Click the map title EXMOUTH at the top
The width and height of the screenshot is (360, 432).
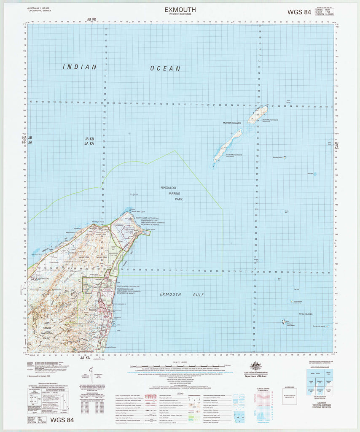(x=180, y=9)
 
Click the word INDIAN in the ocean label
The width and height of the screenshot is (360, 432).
(x=80, y=67)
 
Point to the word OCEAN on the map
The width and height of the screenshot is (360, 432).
(x=166, y=68)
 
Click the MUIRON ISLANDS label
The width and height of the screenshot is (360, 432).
(x=232, y=123)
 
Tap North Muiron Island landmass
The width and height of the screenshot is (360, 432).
(x=258, y=113)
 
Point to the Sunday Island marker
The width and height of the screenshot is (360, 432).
(x=285, y=158)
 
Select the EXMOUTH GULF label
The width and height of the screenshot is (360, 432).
(x=177, y=294)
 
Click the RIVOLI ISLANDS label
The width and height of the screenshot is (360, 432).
(x=305, y=314)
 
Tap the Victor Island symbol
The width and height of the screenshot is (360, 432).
(x=292, y=301)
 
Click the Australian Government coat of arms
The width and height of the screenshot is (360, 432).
(x=256, y=366)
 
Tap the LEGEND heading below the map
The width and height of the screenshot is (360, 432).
(x=180, y=393)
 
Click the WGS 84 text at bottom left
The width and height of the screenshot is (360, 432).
(x=62, y=420)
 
